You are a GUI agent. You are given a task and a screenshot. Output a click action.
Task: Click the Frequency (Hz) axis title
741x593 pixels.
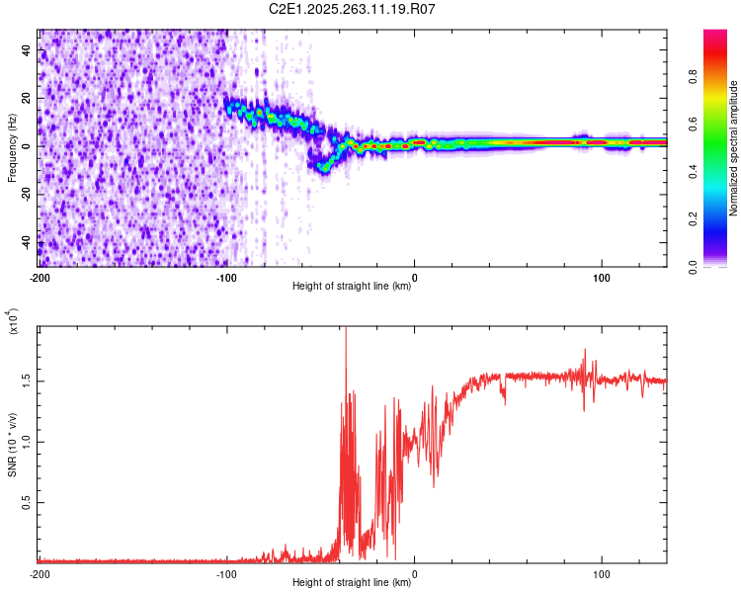click(x=12, y=148)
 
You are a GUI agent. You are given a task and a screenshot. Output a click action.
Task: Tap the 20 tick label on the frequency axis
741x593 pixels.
click(x=27, y=98)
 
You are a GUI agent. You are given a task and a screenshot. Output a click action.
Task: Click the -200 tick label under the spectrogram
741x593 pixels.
click(x=40, y=278)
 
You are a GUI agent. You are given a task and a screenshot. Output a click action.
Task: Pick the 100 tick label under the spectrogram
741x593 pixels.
click(x=601, y=278)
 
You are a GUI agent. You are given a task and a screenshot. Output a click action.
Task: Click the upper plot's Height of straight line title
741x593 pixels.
click(x=353, y=287)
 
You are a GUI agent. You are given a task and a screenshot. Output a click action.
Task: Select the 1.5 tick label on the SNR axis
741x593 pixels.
click(x=27, y=380)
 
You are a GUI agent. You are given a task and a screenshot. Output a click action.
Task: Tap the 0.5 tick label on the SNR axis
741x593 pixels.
click(x=27, y=503)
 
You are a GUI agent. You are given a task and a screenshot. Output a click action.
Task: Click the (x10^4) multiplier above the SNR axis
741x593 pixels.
click(x=14, y=322)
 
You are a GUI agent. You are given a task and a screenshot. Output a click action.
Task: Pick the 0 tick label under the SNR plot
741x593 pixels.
click(x=414, y=574)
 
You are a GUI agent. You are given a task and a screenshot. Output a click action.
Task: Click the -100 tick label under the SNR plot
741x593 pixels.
click(x=226, y=574)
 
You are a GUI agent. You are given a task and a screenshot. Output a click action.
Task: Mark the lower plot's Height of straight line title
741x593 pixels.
click(x=353, y=583)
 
